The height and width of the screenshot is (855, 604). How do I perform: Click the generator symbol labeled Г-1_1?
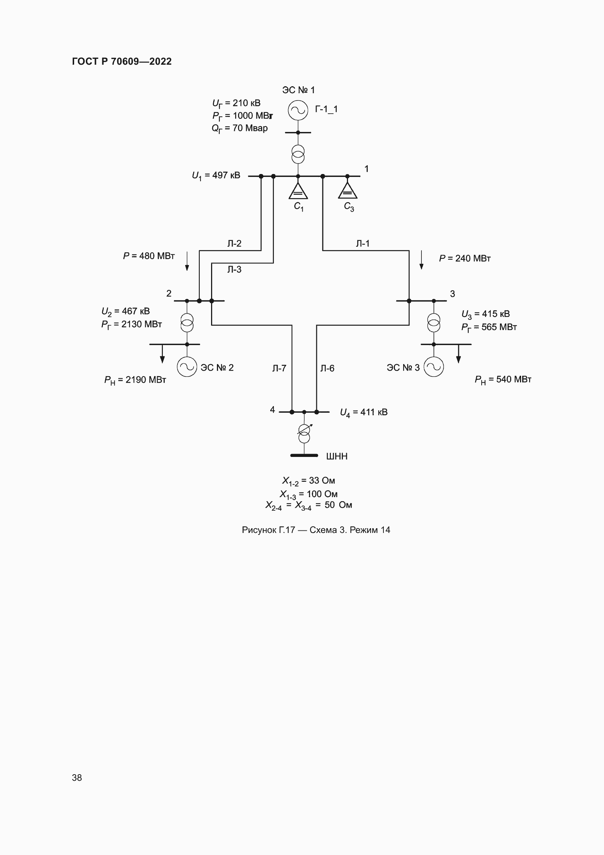[x=298, y=110]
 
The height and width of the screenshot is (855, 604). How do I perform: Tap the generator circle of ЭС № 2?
[x=187, y=367]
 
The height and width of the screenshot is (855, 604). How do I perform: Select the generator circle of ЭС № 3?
[x=434, y=367]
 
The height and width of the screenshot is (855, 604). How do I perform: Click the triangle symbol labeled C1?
[x=298, y=192]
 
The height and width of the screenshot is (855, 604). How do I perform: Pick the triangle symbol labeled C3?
[x=347, y=192]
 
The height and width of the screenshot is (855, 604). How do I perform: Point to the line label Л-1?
[x=363, y=243]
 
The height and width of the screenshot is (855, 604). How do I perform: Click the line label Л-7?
[x=279, y=368]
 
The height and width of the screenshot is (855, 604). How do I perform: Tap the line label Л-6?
[x=327, y=368]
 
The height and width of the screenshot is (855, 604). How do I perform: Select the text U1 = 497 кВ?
[x=216, y=175]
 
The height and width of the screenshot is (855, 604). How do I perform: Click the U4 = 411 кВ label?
[x=364, y=412]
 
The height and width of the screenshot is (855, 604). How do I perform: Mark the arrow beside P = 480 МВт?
[x=187, y=261]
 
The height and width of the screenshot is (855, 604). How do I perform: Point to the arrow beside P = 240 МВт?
[x=421, y=260]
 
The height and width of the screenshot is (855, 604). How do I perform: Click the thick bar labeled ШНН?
[x=304, y=455]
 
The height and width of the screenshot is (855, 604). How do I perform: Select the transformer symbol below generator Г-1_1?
[x=298, y=155]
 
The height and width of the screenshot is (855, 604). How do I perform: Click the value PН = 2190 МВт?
[x=135, y=380]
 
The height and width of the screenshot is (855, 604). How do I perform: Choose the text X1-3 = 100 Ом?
[x=309, y=494]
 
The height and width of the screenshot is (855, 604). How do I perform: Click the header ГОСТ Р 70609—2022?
[x=122, y=61]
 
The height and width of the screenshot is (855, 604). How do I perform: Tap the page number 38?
[x=77, y=778]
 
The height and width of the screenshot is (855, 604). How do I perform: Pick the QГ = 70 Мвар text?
[x=240, y=128]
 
